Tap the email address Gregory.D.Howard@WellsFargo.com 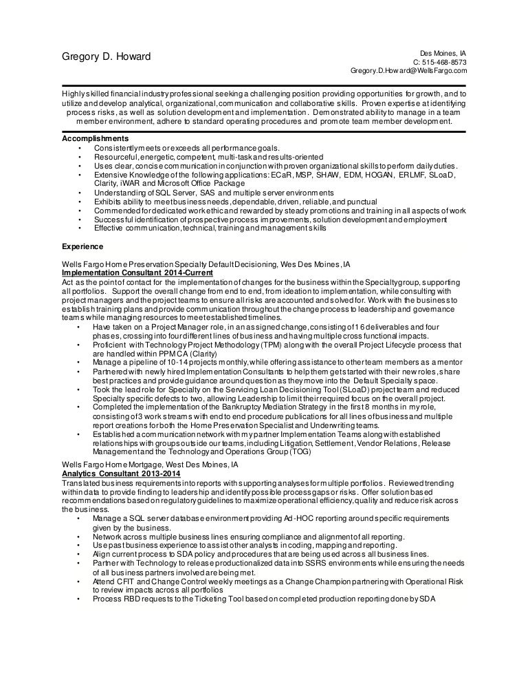[409, 70]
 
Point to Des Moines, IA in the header [443, 52]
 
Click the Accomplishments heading [93, 139]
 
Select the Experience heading [82, 246]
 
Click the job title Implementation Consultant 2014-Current [137, 272]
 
